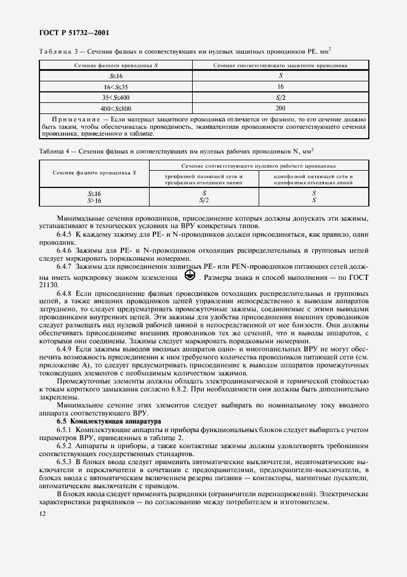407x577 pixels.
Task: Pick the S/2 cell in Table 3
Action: pyautogui.click(x=280, y=97)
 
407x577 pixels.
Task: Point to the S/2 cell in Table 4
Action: pyautogui.click(x=204, y=200)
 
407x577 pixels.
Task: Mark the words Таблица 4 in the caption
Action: pyautogui.click(x=56, y=150)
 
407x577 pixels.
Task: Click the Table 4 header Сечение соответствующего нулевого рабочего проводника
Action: pyautogui.click(x=258, y=166)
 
